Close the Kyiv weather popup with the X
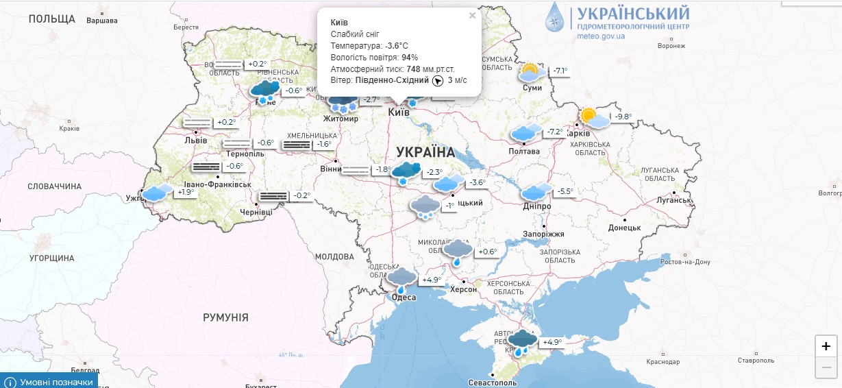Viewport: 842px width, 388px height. pyautogui.click(x=472, y=16)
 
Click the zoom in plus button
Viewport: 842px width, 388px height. pyautogui.click(x=826, y=346)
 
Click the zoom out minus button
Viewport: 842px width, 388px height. pyautogui.click(x=826, y=368)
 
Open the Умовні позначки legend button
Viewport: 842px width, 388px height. pyautogui.click(x=49, y=382)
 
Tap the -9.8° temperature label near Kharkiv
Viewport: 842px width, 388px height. pyautogui.click(x=623, y=117)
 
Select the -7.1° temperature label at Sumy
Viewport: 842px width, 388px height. pyautogui.click(x=560, y=71)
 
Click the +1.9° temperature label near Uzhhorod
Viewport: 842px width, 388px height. pyautogui.click(x=186, y=193)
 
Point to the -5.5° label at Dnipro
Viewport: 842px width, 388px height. pyautogui.click(x=565, y=192)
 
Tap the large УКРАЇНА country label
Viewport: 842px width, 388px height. pyautogui.click(x=425, y=152)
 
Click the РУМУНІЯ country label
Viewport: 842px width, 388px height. pyautogui.click(x=225, y=317)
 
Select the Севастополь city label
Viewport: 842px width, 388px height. pyautogui.click(x=493, y=383)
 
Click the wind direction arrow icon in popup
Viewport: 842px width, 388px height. pyautogui.click(x=438, y=81)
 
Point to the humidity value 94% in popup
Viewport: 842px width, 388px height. pyautogui.click(x=410, y=58)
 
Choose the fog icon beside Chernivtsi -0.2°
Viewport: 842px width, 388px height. pyautogui.click(x=272, y=196)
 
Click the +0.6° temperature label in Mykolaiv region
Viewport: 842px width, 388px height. pyautogui.click(x=486, y=252)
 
